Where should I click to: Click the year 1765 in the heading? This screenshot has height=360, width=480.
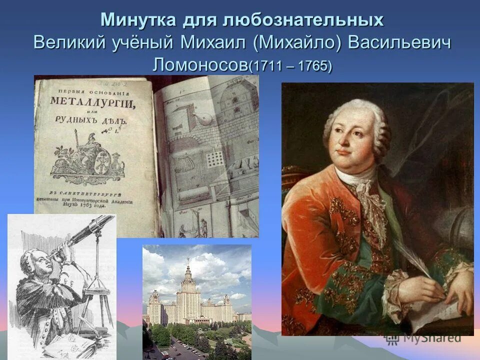(312, 66)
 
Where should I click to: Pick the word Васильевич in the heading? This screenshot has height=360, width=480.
(400, 42)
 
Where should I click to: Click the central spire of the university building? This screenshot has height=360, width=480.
(188, 270)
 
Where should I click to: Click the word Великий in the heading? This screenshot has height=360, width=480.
(65, 42)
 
